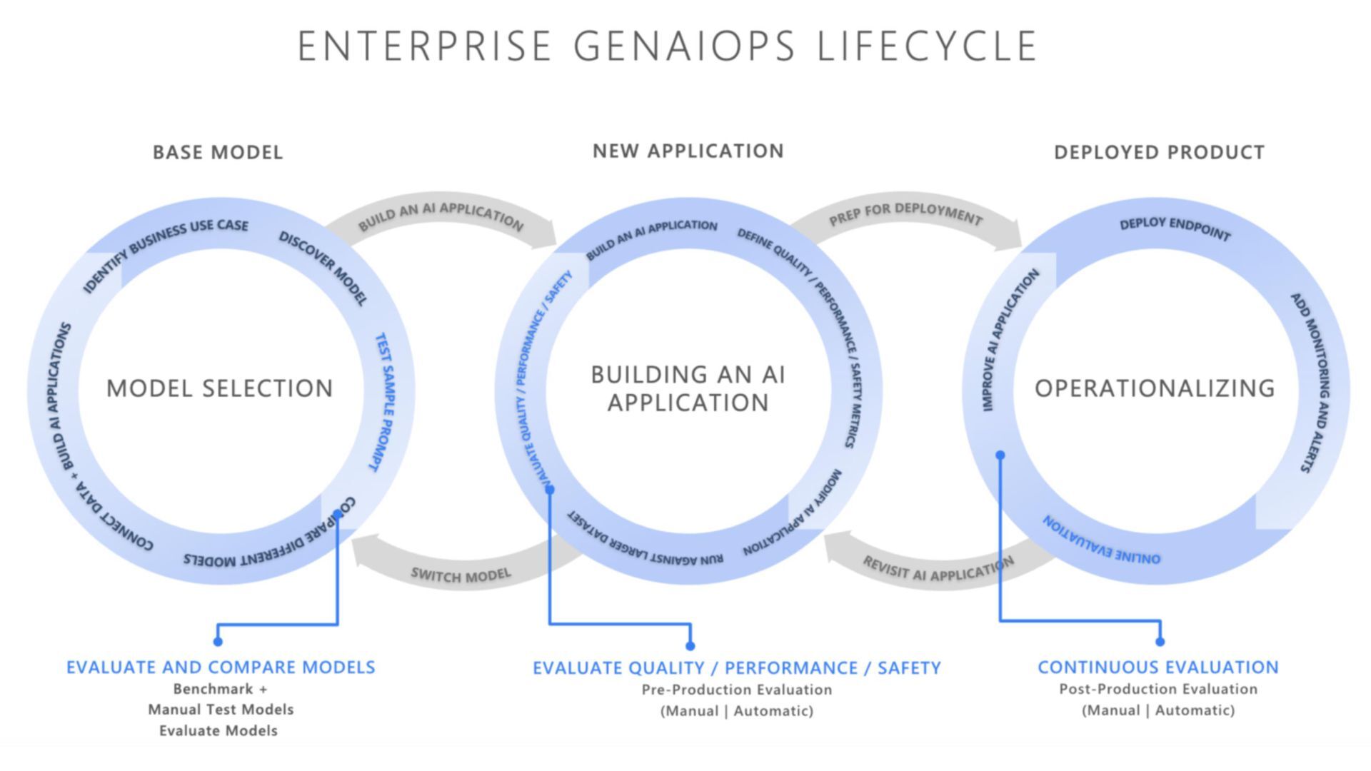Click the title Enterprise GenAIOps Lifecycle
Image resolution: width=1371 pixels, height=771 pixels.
(x=667, y=46)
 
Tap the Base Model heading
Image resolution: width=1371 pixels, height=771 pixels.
(x=218, y=152)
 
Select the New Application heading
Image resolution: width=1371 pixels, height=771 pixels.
(x=688, y=151)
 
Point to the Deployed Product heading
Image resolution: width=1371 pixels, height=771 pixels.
(x=1159, y=152)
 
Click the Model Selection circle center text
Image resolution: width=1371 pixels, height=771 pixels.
(x=220, y=388)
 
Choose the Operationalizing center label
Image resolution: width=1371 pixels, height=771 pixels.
(x=1155, y=388)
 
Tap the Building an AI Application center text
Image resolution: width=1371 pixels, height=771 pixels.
(x=688, y=388)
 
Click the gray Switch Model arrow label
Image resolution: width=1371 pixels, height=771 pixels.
(x=461, y=575)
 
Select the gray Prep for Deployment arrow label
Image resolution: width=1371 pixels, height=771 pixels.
(x=905, y=213)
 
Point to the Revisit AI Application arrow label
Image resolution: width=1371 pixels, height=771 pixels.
(x=938, y=570)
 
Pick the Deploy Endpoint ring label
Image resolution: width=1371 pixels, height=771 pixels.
(x=1175, y=228)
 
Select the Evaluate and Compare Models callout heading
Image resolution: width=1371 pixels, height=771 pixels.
(x=221, y=667)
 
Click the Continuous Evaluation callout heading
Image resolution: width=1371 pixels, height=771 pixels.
(x=1157, y=667)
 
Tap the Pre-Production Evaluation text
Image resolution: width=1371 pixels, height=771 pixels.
(x=736, y=690)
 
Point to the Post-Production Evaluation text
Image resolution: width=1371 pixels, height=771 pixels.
(x=1157, y=690)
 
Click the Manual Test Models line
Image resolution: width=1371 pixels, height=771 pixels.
(x=221, y=710)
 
